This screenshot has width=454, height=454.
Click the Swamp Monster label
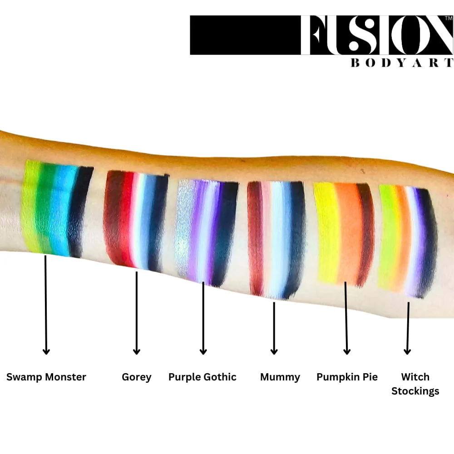(46, 377)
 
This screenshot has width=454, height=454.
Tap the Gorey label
(137, 377)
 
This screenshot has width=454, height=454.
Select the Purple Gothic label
(202, 377)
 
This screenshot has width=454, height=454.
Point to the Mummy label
(280, 377)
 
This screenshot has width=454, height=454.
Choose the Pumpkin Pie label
(347, 377)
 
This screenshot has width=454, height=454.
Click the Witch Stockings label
(415, 384)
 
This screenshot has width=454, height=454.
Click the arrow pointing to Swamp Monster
(46, 305)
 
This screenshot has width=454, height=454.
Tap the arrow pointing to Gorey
(137, 313)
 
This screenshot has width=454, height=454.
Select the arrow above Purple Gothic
(203, 318)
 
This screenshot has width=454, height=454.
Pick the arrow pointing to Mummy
(274, 328)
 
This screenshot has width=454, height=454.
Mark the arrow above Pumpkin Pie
(346, 318)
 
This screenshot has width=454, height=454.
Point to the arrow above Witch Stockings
(408, 328)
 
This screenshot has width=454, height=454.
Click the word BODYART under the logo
(402, 63)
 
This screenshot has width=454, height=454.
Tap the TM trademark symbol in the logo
(449, 18)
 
